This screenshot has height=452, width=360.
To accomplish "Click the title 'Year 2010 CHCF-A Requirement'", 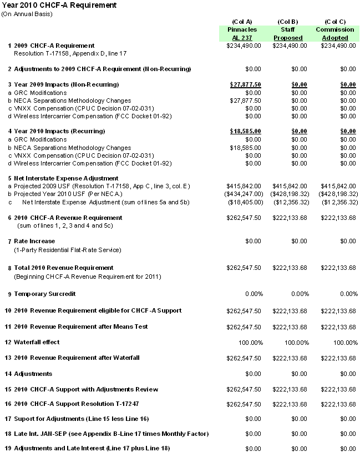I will tap(59, 5).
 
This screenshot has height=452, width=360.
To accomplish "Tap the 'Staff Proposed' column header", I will tap(288, 33).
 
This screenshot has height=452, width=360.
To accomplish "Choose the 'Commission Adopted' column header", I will tap(334, 33).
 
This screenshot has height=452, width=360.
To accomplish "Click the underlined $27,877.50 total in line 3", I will tap(245, 84).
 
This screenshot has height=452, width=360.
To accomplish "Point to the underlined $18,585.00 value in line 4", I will tap(245, 131).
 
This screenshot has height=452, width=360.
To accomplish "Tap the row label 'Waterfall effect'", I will tap(37, 342).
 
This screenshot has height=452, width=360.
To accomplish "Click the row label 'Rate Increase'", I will tap(34, 241).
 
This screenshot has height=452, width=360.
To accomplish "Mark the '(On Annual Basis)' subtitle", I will tap(27, 13).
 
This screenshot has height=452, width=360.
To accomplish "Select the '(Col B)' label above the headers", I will tap(288, 21).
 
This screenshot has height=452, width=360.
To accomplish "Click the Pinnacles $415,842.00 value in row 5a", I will tap(244, 186).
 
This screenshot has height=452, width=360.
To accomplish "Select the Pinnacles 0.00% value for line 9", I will tap(250, 293).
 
